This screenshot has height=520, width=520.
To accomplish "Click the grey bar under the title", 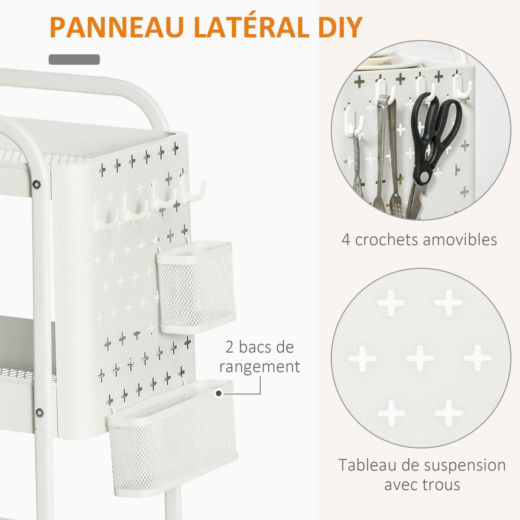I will point(74,60).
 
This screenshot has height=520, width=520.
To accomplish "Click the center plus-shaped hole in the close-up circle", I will point(419,358).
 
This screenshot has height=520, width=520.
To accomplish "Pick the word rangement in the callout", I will point(260,367).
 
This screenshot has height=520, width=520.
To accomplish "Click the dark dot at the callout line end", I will point(219,393).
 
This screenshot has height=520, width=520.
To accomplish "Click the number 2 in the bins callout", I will point(230,347).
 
